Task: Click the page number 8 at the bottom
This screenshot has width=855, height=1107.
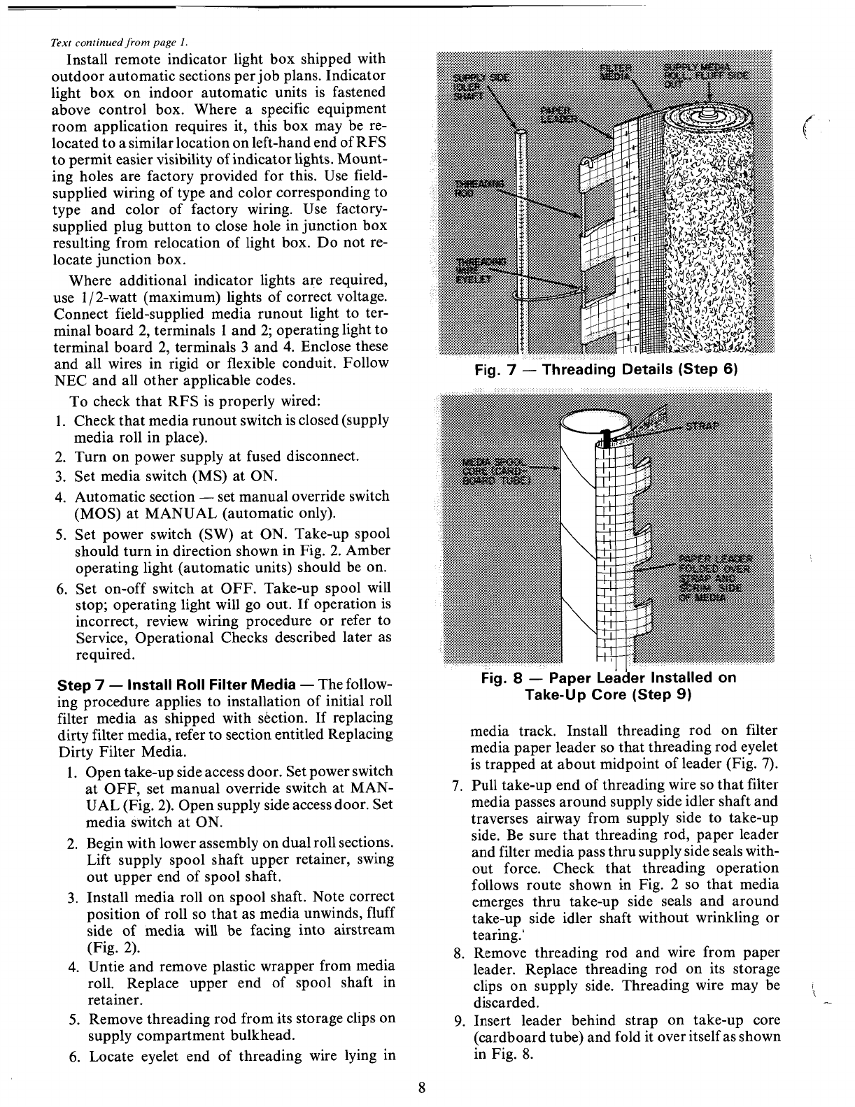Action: (421, 1087)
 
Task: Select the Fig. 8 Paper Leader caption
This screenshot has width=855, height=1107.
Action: (608, 686)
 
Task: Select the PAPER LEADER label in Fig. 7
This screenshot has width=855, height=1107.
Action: (558, 115)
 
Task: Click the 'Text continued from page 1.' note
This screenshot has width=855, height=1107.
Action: (118, 40)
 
